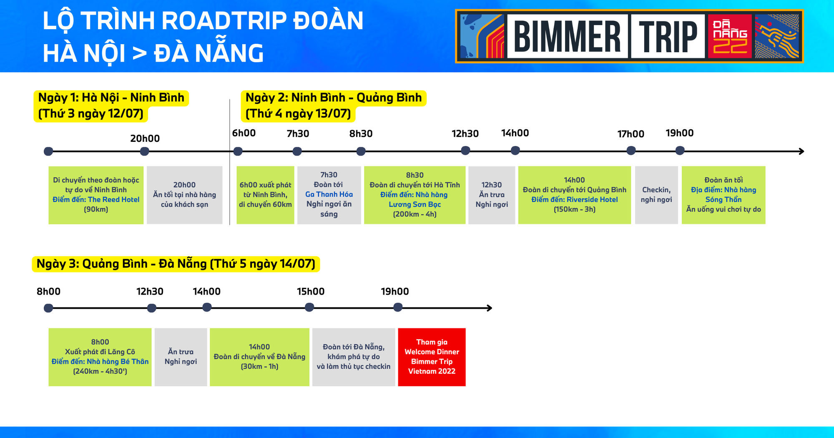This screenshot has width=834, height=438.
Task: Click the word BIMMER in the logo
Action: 567,36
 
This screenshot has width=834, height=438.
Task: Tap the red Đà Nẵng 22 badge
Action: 730,36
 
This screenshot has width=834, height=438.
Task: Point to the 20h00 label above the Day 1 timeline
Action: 145,138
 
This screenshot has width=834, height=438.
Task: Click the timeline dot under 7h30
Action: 297,151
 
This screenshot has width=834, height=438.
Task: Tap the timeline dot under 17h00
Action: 631,151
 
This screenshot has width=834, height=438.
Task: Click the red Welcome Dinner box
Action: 432,357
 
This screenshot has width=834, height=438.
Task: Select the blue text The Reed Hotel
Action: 113,199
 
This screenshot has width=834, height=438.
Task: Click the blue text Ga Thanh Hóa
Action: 329,194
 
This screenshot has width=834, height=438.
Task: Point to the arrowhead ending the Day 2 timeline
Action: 801,151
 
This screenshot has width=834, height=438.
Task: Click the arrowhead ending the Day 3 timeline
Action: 490,308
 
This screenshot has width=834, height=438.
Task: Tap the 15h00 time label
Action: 311,292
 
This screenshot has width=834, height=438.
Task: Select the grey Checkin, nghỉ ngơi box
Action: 656,195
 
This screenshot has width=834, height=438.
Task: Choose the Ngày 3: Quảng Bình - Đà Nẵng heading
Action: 176,264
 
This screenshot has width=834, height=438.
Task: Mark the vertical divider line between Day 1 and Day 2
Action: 230,162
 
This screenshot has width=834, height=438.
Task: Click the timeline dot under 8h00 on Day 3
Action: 48,308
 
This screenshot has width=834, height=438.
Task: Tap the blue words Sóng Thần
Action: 723,199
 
